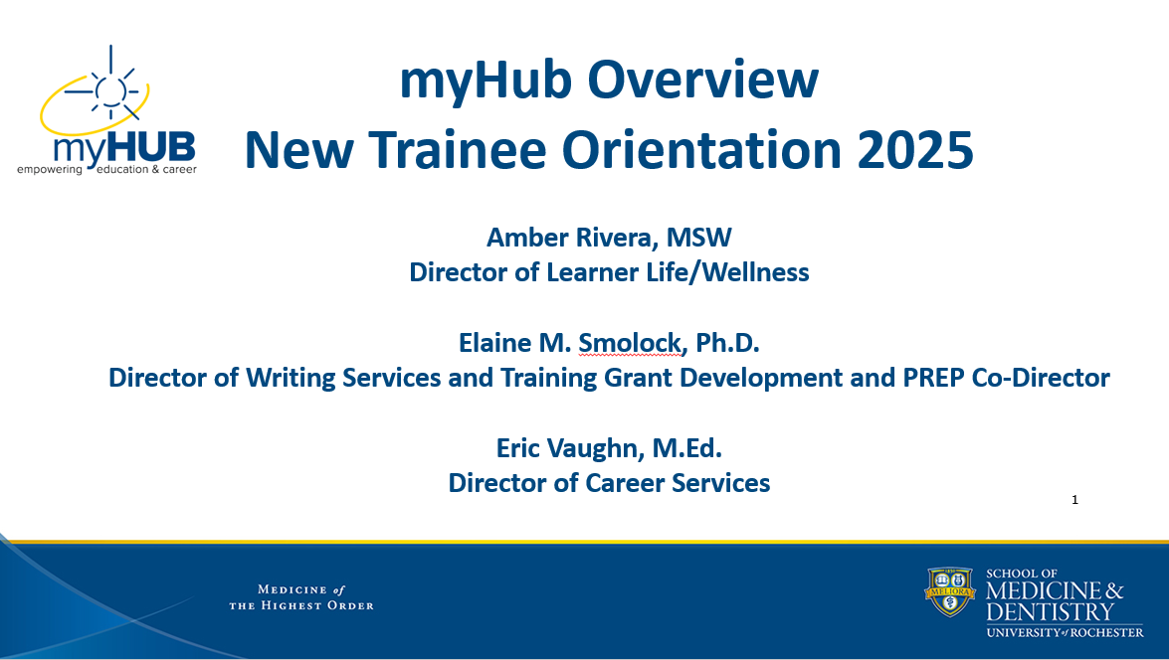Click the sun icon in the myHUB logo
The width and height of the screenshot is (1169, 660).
coord(109,88)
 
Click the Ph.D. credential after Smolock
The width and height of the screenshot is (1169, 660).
coord(726,343)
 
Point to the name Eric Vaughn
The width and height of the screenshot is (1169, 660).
coord(569,448)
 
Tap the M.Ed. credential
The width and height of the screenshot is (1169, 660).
coord(686,448)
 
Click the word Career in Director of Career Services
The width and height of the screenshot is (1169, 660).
coord(635,483)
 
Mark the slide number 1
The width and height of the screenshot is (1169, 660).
coord(1074,500)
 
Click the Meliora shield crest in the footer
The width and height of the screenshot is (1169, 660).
coord(950,592)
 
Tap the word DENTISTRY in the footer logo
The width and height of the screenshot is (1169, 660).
coord(1051,611)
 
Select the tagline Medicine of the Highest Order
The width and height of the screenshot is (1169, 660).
coord(301,597)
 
